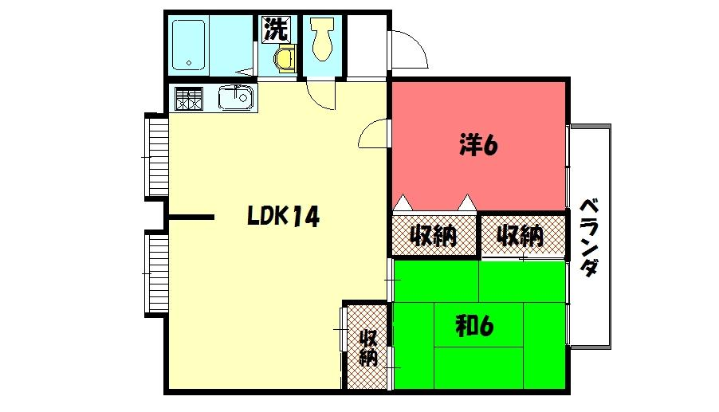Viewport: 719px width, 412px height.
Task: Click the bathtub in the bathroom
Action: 190,45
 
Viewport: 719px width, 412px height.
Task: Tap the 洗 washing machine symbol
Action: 276,30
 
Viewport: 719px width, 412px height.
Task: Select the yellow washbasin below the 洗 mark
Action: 285,60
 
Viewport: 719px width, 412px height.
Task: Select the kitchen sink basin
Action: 236,99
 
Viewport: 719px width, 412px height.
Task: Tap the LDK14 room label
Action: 283,216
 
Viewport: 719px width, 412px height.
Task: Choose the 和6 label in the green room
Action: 476,326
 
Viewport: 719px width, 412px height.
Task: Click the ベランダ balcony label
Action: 589,236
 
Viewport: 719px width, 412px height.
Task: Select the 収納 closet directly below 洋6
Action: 433,236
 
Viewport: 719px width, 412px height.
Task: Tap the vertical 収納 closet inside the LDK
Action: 367,346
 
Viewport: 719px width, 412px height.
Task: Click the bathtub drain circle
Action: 189,62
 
